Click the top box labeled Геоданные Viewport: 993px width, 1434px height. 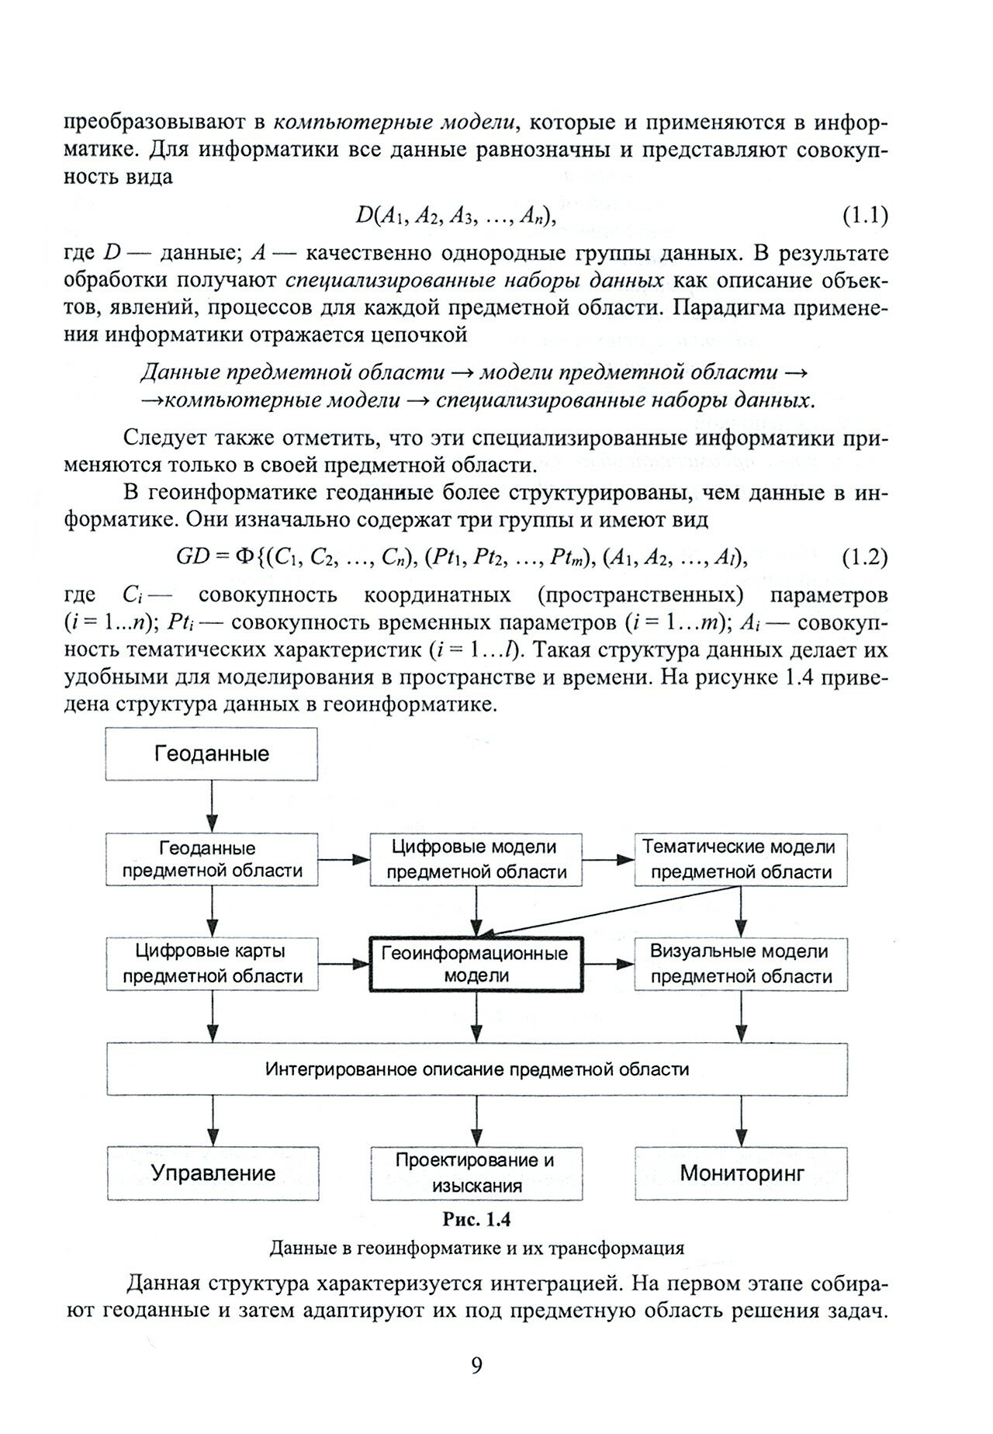(x=211, y=753)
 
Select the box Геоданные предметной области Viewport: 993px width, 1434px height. (x=211, y=860)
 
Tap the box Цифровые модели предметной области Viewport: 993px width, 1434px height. (x=476, y=859)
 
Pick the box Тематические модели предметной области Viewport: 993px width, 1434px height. (x=741, y=859)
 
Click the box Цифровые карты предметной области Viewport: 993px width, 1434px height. (x=211, y=964)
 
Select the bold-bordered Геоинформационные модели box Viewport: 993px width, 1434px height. (x=476, y=965)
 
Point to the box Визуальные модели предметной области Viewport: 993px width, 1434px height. (x=741, y=964)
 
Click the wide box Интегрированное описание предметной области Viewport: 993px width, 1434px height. (x=476, y=1069)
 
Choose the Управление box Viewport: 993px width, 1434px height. (x=213, y=1172)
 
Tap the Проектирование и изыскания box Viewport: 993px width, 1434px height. (x=476, y=1172)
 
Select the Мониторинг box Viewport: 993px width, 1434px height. (x=741, y=1172)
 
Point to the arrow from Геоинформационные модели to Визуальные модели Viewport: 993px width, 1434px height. (x=608, y=964)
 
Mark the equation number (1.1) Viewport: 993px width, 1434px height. (x=864, y=215)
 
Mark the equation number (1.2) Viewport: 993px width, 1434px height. (x=864, y=557)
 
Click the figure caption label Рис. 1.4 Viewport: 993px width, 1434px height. (x=476, y=1219)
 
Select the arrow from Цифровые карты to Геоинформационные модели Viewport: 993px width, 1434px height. (x=344, y=964)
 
